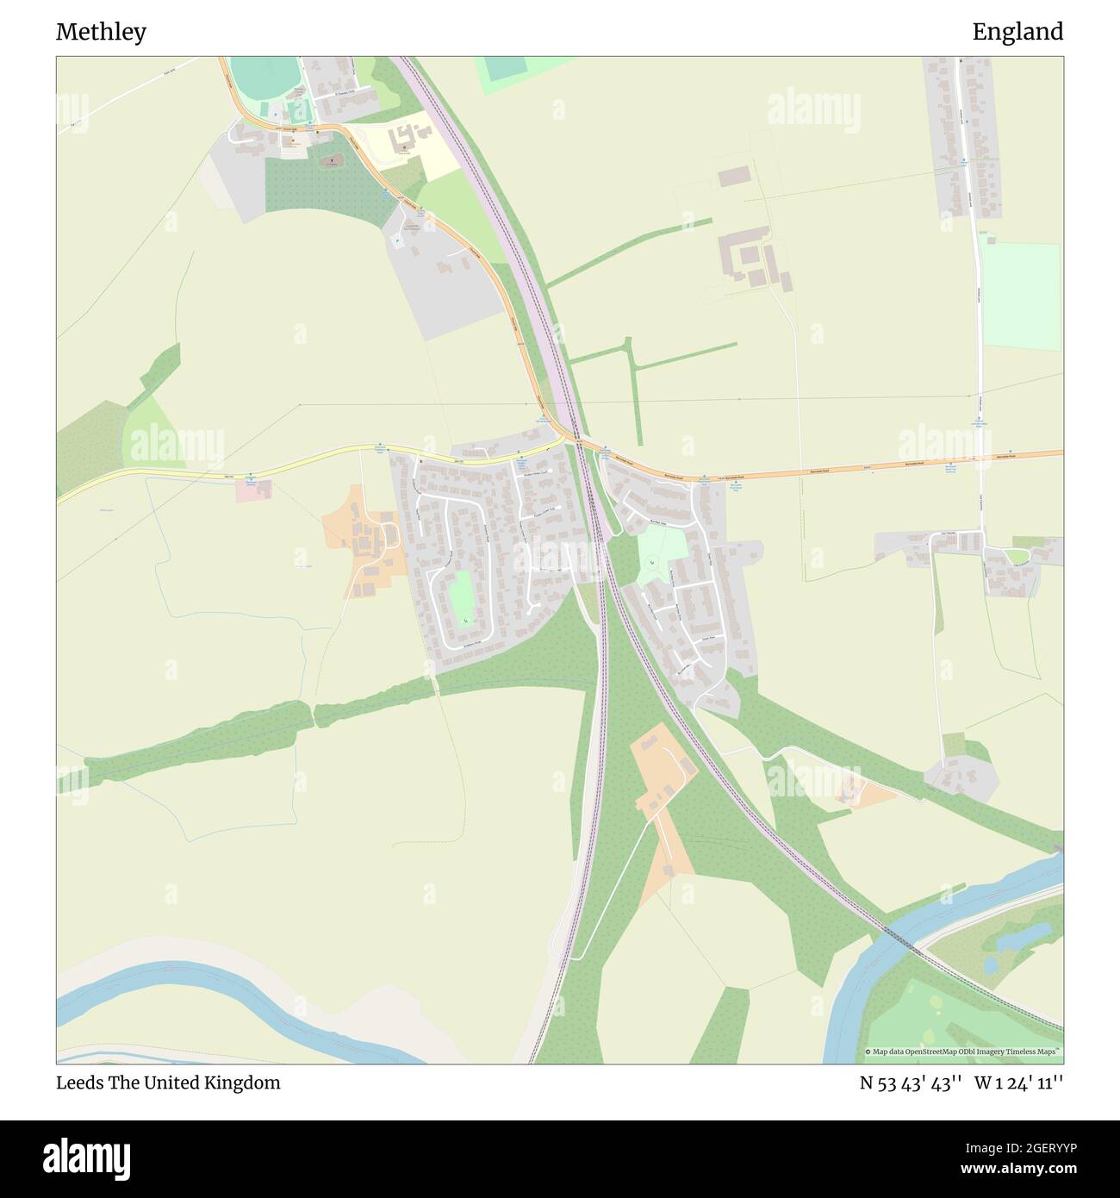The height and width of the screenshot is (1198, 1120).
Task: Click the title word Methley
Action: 101,32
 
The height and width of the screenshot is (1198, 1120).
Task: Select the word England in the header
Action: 1017,32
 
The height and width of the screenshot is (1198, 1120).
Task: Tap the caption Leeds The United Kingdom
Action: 168,1083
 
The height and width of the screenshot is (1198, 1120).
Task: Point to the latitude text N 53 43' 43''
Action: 910,1083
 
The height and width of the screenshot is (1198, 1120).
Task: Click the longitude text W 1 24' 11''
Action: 1018,1083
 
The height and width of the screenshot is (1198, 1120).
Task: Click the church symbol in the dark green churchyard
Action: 329,160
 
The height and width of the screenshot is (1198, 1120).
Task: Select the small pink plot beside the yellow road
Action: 253,490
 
